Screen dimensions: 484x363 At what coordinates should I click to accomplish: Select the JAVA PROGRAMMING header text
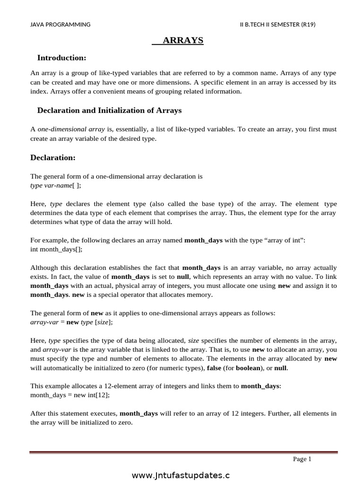point(60,25)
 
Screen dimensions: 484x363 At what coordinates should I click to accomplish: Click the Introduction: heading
point(61,58)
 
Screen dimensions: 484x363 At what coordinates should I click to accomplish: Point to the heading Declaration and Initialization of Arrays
point(109,111)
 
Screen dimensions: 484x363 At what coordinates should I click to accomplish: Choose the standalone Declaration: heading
point(53,157)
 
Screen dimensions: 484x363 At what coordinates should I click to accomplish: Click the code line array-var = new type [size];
point(71,322)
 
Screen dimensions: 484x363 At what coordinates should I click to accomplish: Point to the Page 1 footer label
point(302,459)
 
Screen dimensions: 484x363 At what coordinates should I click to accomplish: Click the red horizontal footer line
point(183,452)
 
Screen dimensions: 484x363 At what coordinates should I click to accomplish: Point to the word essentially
point(135,129)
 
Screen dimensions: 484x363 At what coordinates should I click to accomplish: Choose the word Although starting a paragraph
point(45,268)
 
